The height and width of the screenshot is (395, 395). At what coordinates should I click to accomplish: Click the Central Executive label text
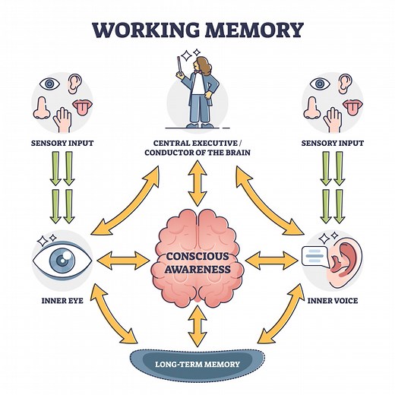(x=197, y=147)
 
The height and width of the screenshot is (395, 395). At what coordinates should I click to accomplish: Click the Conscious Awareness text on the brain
(x=197, y=262)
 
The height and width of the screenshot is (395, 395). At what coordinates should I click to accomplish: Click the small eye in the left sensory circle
(x=49, y=84)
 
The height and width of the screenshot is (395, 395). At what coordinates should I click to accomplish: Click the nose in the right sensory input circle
(x=312, y=109)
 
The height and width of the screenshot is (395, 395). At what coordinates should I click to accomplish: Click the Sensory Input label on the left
(x=57, y=143)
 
